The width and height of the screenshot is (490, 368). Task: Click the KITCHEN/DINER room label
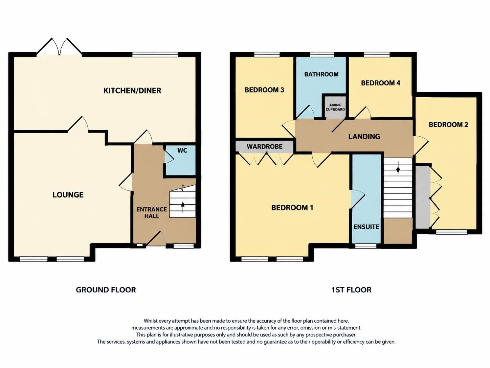132,90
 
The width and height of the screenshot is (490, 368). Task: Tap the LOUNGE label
68,195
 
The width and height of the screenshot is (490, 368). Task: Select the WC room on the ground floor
180,160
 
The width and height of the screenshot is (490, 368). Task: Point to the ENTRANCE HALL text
152,213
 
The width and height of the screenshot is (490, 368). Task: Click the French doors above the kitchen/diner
59,46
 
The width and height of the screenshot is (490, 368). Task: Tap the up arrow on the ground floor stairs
183,207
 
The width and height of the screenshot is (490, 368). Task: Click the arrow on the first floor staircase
398,170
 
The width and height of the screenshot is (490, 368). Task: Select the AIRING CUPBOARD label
335,107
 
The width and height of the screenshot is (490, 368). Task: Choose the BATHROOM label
321,74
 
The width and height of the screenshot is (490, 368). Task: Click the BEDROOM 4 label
381,83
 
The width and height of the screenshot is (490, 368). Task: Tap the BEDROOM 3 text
264,90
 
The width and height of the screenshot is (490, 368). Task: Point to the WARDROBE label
265,147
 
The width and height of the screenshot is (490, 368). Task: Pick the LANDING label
364,137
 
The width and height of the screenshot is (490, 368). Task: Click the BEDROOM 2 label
448,125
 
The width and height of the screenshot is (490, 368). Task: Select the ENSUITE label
366,227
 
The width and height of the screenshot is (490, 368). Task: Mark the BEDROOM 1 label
292,208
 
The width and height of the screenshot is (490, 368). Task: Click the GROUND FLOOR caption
106,290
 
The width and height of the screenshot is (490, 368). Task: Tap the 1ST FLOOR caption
351,290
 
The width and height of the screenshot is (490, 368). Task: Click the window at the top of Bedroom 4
377,55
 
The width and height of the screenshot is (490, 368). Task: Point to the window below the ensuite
366,246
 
